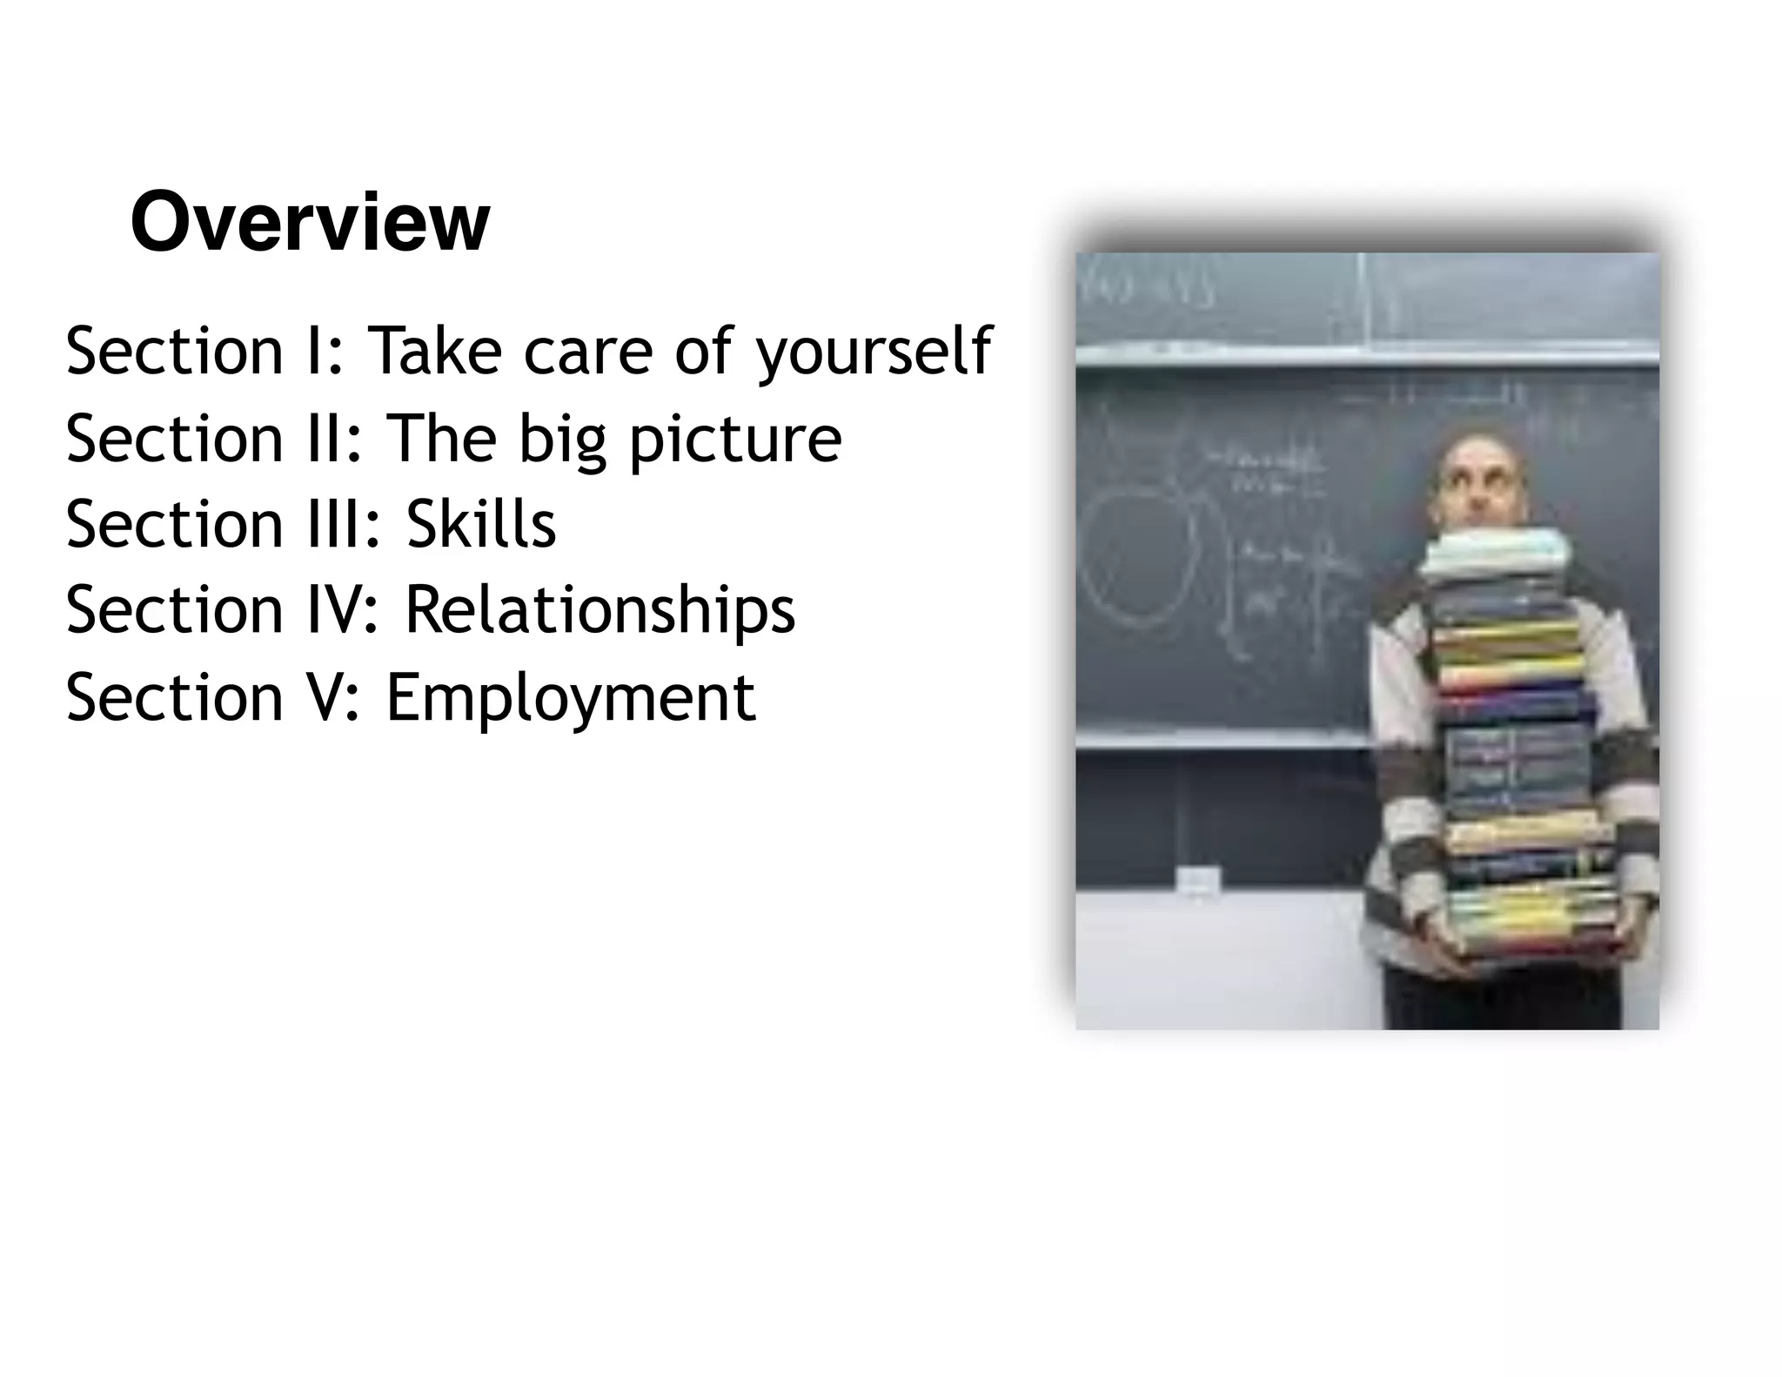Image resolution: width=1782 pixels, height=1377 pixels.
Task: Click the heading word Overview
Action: pyautogui.click(x=310, y=223)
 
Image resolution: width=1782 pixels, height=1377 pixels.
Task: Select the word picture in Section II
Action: pyautogui.click(x=735, y=439)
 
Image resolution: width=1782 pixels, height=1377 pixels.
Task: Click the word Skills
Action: pyautogui.click(x=480, y=524)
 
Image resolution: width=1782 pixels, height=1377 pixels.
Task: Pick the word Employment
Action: pyautogui.click(x=571, y=698)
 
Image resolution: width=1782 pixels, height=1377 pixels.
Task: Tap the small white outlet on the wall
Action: pyautogui.click(x=1197, y=880)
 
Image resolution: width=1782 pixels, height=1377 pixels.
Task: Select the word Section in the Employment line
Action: pyautogui.click(x=174, y=698)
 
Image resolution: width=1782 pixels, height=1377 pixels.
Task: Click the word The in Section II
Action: pyautogui.click(x=440, y=439)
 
